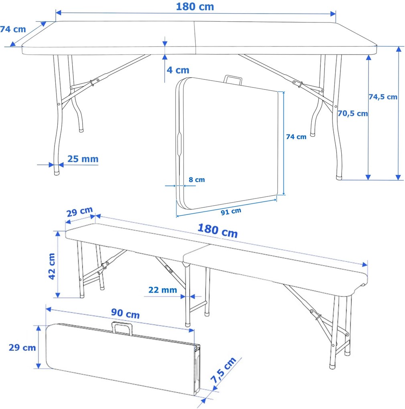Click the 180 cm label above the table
click(195, 7)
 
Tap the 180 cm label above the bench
click(217, 231)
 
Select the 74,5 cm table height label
click(383, 97)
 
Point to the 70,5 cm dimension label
click(352, 113)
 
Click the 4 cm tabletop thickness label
click(178, 70)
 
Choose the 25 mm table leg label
click(83, 159)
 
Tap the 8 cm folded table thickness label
click(196, 180)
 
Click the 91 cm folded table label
click(231, 211)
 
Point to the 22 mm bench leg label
click(162, 290)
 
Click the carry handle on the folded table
click(233, 79)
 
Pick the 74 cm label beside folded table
click(296, 137)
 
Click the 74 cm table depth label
click(13, 29)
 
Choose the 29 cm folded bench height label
click(22, 348)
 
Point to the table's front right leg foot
click(339, 176)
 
